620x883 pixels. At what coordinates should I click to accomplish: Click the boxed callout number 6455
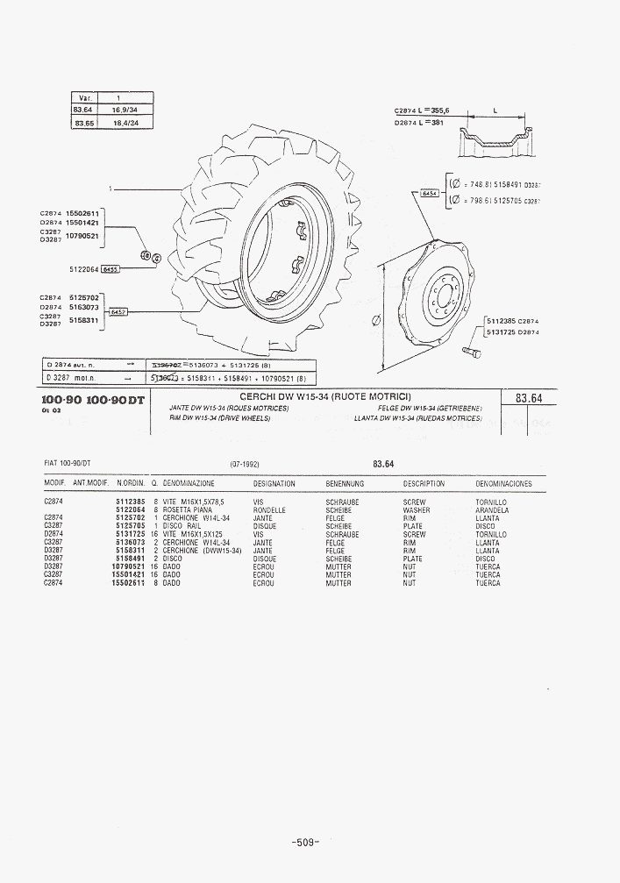[x=110, y=270]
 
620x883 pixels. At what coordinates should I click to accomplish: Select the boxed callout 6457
[x=118, y=311]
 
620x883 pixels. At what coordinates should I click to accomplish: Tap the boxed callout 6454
[x=430, y=193]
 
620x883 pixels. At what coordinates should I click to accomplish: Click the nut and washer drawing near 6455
[x=149, y=257]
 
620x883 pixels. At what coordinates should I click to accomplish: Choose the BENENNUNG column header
[x=345, y=484]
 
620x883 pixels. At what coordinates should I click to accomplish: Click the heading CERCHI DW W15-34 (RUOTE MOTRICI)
[x=325, y=397]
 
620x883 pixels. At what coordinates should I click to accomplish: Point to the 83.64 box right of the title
[x=529, y=398]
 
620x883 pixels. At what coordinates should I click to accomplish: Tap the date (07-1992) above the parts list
[x=245, y=464]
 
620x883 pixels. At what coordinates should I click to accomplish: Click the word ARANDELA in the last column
[x=492, y=510]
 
